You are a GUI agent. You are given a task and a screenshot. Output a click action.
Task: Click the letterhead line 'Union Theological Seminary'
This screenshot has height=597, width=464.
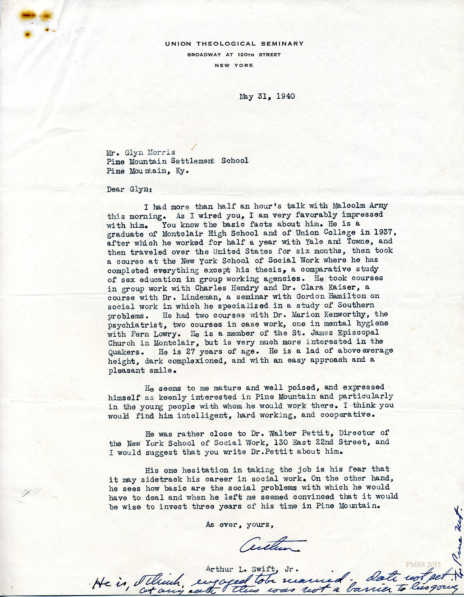(x=234, y=44)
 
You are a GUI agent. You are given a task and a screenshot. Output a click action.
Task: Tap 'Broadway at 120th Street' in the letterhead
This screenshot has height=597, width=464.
(x=234, y=55)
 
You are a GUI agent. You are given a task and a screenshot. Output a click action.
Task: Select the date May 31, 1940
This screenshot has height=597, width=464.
(x=267, y=96)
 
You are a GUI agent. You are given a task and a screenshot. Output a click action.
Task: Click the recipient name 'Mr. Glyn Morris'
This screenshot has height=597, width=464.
(x=141, y=152)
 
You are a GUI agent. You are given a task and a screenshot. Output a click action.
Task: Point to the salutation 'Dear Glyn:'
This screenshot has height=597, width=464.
(x=129, y=189)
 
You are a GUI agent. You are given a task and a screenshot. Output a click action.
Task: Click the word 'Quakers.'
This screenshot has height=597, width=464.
(x=124, y=352)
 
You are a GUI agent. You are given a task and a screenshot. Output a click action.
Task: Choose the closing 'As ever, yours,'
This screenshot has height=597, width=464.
(x=240, y=524)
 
